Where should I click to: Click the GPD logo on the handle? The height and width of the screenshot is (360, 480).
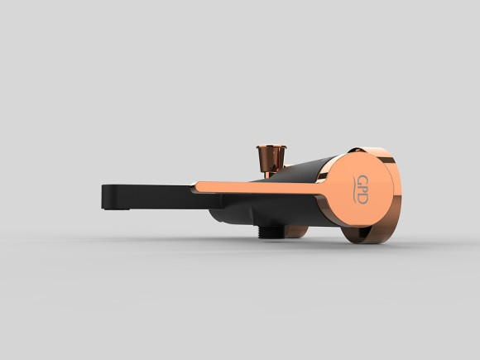[361, 190]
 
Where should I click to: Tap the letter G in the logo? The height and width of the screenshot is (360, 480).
[362, 180]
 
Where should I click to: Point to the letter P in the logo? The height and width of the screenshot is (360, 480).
[362, 190]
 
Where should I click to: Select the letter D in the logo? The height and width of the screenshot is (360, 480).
[362, 199]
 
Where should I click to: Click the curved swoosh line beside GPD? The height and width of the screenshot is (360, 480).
[354, 190]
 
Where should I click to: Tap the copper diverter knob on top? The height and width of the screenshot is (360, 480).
[271, 158]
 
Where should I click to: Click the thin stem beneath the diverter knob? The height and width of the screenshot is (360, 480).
[267, 175]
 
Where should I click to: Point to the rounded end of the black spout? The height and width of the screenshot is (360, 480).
[107, 196]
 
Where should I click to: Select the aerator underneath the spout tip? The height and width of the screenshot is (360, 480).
[117, 209]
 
